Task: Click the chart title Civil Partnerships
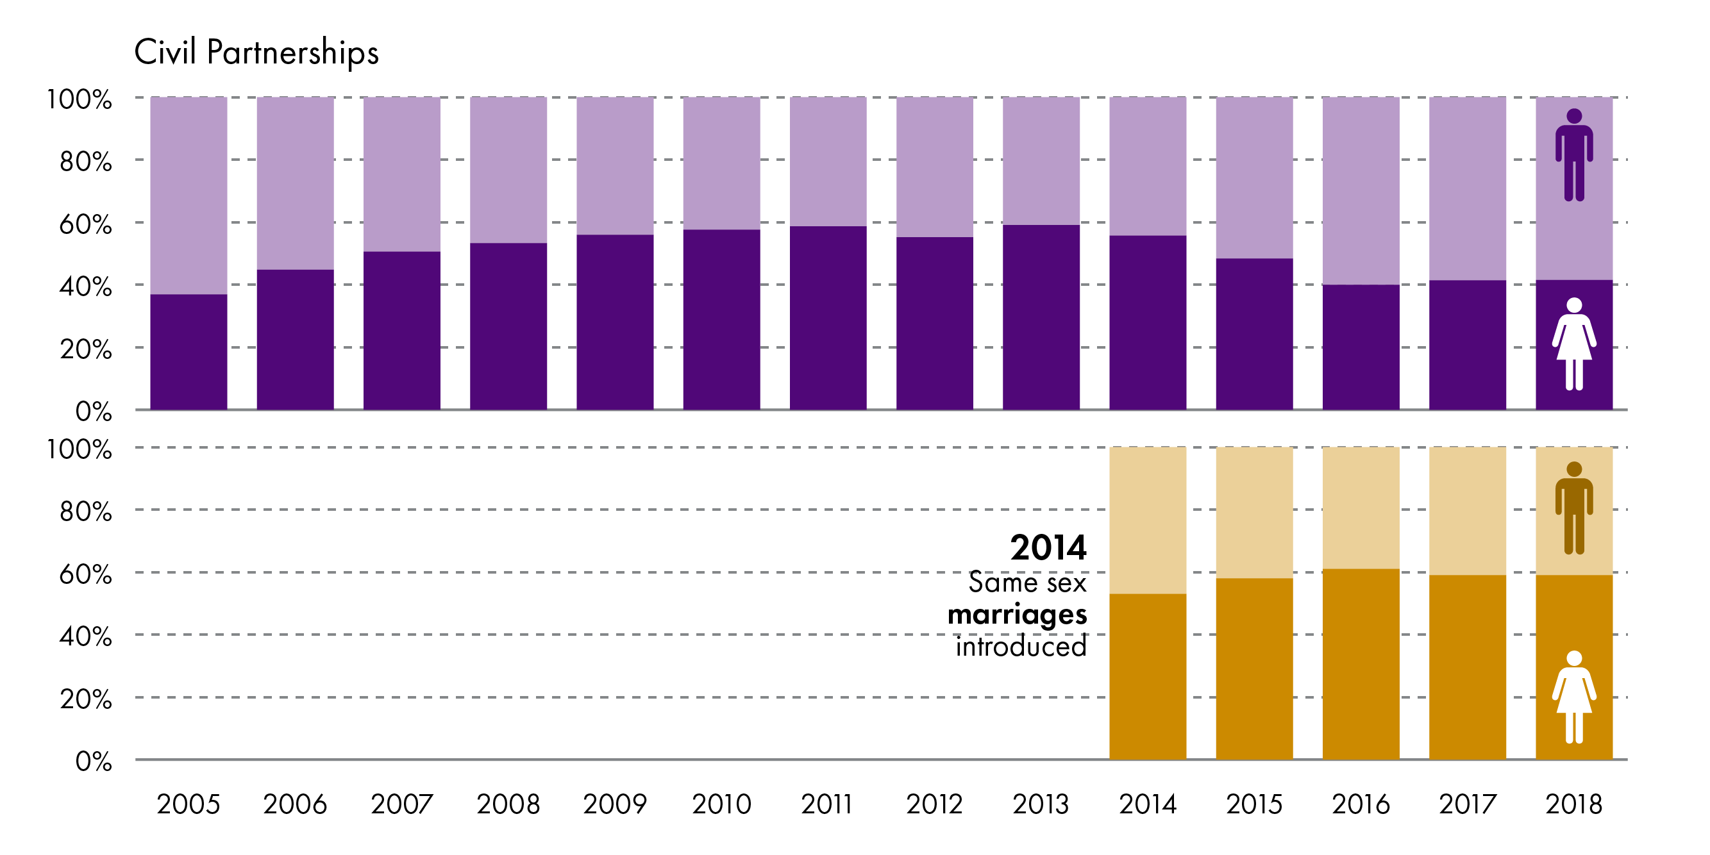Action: [x=256, y=52]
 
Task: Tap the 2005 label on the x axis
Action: [x=189, y=804]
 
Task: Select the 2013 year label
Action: [x=1040, y=804]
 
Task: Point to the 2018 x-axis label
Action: [x=1573, y=804]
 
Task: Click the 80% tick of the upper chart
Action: [x=86, y=162]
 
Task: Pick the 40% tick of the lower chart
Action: [x=86, y=636]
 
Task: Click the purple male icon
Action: [x=1574, y=154]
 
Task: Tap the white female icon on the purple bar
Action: [x=1574, y=344]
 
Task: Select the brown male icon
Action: [x=1574, y=508]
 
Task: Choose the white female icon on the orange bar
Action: [x=1574, y=697]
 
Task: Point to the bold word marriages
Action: [x=1017, y=614]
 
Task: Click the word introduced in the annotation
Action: [x=1021, y=647]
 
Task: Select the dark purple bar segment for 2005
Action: [x=189, y=352]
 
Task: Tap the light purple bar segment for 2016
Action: [x=1361, y=190]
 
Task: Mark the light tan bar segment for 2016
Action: [x=1361, y=508]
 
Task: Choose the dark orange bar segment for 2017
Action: [x=1467, y=667]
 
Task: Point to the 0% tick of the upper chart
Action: [x=94, y=411]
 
